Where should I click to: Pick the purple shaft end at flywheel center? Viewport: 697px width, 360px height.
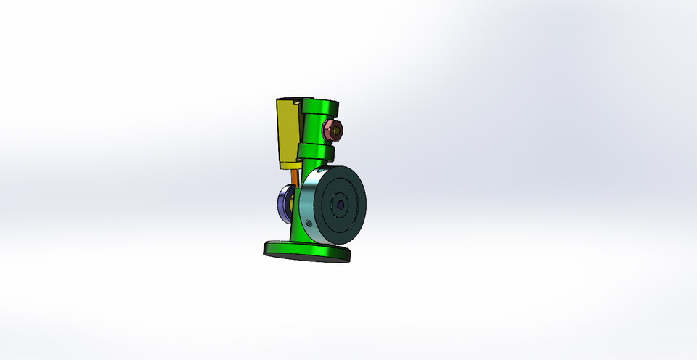click(340, 205)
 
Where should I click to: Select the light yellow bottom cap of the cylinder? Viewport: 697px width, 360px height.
click(290, 165)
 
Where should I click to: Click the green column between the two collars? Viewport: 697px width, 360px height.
click(314, 131)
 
